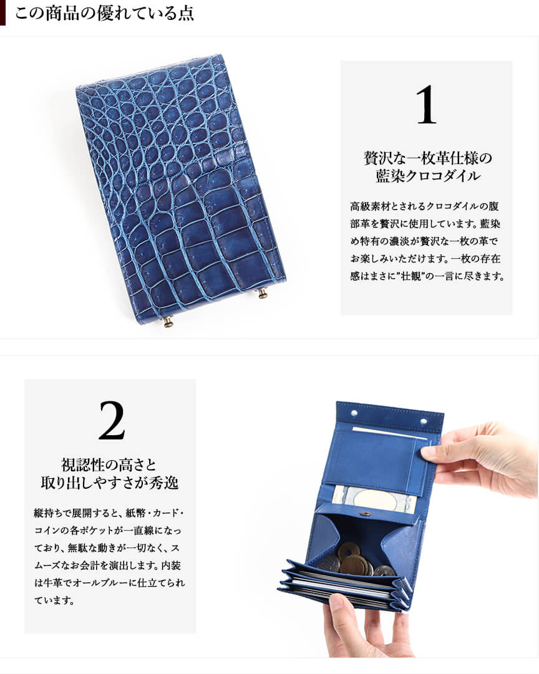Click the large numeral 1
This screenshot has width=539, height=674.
tap(427, 105)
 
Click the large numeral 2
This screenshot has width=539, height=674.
tap(112, 420)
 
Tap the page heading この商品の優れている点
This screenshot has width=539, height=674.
tap(105, 12)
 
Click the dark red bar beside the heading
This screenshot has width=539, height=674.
tap(2, 12)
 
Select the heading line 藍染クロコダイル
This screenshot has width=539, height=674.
tap(427, 176)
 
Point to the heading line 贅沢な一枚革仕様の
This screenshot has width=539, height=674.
tap(427, 158)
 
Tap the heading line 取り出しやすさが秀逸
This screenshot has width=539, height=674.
tap(109, 483)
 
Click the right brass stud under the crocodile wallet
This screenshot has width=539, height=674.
tap(261, 294)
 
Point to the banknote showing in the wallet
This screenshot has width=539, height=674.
tap(375, 499)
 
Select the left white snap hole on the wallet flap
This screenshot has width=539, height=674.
tap(354, 413)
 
